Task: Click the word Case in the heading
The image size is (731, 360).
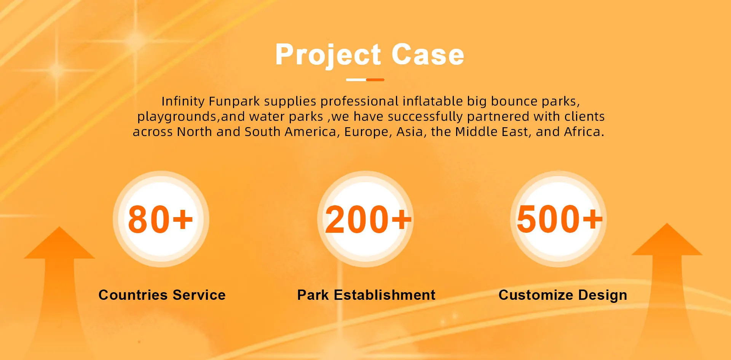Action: tap(428, 54)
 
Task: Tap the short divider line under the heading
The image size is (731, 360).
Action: tap(365, 80)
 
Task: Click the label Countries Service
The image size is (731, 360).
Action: tap(162, 295)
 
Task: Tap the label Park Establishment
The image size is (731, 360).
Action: tap(366, 295)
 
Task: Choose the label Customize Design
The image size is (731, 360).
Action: tap(563, 295)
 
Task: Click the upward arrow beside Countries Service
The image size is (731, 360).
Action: tap(59, 290)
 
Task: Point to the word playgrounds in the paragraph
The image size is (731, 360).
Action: tap(177, 117)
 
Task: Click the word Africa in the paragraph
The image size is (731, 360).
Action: tap(582, 132)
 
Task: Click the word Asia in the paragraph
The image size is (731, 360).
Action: tap(410, 132)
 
